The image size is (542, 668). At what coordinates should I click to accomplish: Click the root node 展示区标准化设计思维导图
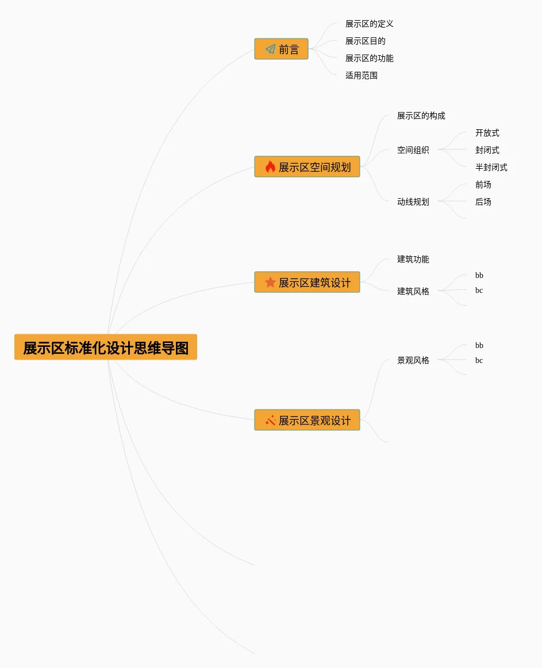106,347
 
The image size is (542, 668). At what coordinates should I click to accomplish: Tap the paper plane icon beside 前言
270,49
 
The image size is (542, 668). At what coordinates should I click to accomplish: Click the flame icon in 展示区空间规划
270,167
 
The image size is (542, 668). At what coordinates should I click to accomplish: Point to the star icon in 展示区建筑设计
270,283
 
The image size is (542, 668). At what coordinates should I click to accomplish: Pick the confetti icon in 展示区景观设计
270,420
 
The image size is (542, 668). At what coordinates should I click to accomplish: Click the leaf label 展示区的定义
369,24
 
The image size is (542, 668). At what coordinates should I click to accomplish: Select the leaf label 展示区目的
365,41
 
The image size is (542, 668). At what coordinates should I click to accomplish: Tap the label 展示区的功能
369,59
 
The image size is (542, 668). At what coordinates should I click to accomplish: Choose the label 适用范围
361,76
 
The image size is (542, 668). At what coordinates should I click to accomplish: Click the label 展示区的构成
421,116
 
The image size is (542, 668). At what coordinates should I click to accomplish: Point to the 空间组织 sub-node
413,150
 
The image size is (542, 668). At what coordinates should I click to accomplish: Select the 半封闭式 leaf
491,168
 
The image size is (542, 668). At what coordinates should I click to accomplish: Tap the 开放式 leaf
487,133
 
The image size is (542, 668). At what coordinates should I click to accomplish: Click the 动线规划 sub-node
413,202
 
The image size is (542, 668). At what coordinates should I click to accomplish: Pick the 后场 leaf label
483,202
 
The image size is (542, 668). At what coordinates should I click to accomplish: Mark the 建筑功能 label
413,260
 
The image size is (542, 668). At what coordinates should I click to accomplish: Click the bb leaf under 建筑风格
479,276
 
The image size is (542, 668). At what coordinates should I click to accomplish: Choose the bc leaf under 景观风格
479,361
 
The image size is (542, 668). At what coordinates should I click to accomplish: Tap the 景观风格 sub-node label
413,361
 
